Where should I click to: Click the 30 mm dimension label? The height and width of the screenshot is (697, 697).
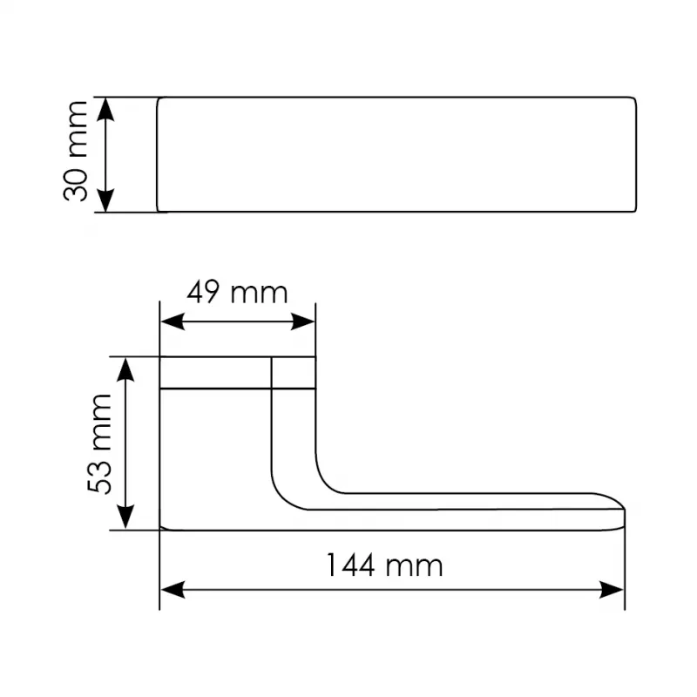[76, 152]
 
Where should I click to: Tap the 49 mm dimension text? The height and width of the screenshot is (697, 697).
[237, 293]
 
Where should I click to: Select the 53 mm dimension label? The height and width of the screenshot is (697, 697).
[99, 443]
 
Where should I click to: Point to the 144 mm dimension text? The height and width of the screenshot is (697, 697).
[384, 565]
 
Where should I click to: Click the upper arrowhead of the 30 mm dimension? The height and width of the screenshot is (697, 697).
[105, 110]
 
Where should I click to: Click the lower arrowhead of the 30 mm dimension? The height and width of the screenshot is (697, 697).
[105, 200]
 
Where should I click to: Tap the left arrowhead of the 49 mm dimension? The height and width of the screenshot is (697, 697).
[173, 321]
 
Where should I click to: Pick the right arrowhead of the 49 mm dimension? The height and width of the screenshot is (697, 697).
[302, 321]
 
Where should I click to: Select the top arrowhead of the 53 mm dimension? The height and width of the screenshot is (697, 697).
[125, 369]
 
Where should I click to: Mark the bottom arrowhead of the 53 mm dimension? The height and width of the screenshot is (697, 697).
[125, 517]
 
